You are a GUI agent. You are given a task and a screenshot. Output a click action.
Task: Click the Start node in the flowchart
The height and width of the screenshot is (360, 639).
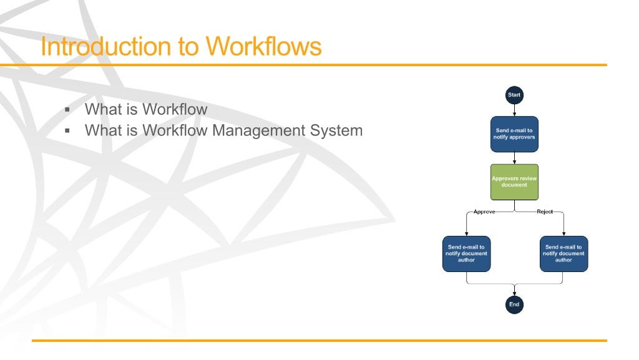pos(514,95)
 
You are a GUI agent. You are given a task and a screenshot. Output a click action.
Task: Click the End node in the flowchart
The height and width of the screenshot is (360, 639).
pos(514,304)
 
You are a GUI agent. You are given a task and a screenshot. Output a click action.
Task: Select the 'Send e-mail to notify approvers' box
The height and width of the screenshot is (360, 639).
pos(514,134)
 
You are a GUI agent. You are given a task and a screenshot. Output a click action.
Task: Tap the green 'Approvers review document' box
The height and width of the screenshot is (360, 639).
pos(514,182)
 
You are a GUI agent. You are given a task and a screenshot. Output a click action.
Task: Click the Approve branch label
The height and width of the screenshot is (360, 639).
pos(484,212)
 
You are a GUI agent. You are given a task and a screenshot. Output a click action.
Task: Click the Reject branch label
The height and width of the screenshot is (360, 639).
pos(545,212)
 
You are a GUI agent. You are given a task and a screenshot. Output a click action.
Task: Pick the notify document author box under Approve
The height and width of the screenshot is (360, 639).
pos(467,254)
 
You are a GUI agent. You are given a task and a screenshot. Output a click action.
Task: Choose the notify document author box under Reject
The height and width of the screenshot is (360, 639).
pos(563,254)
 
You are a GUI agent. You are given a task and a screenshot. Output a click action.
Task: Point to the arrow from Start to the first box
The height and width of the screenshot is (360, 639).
pos(514,110)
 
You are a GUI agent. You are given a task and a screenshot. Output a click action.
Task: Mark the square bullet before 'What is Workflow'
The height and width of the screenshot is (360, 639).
pos(66,110)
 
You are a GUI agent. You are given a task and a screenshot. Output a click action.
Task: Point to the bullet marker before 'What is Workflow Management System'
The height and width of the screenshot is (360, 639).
pos(66,131)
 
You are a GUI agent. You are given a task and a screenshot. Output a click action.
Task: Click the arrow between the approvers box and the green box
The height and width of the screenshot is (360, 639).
pos(514,158)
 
